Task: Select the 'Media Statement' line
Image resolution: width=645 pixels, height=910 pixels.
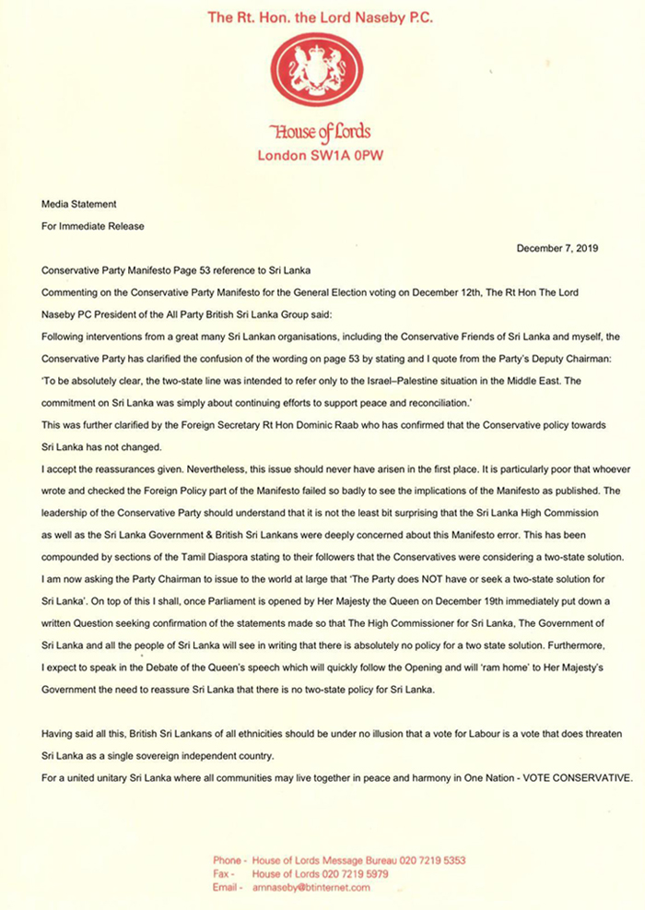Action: (79, 203)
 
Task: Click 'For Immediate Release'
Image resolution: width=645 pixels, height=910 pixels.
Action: (93, 225)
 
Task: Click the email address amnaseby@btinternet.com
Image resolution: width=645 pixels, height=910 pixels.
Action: (311, 887)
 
